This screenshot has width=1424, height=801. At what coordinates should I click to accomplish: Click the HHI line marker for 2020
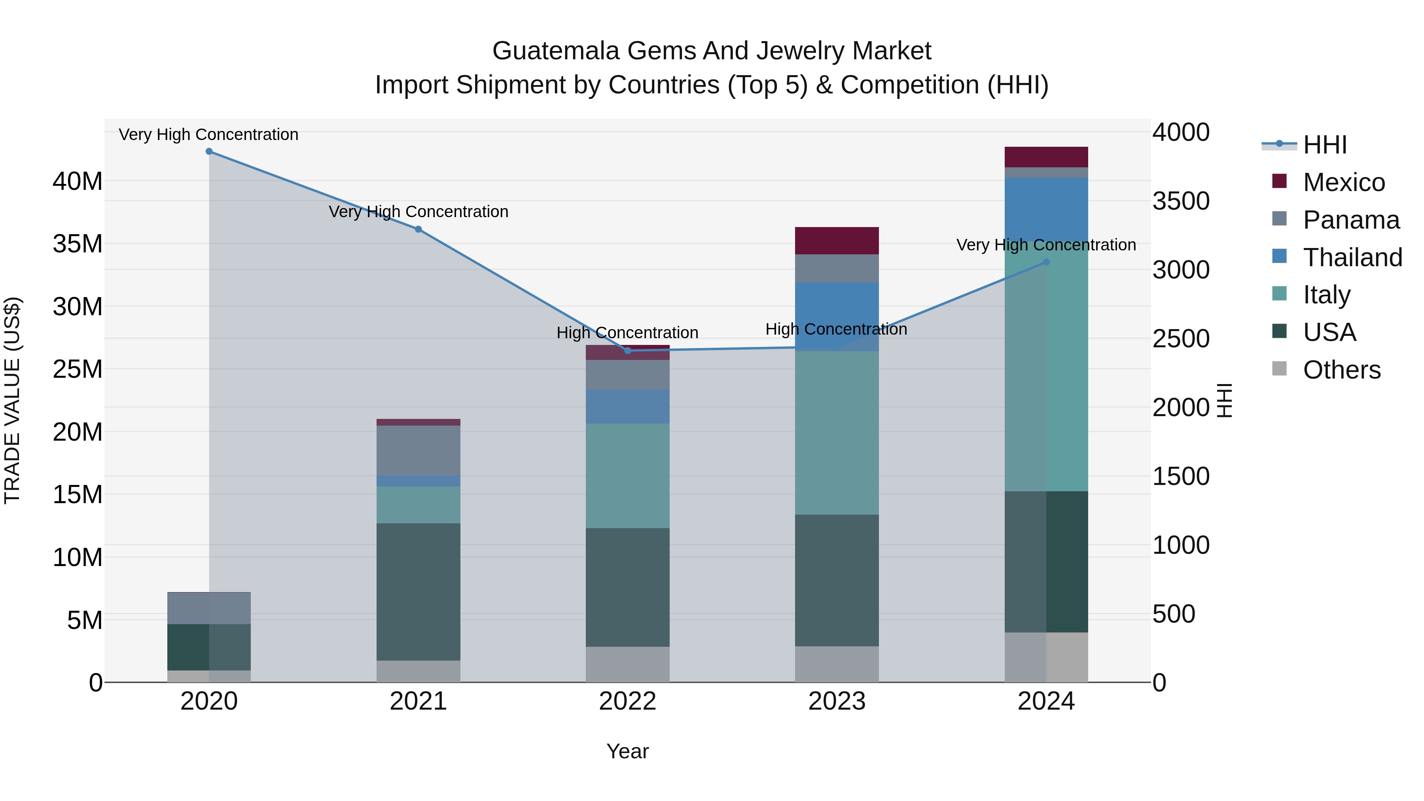209,151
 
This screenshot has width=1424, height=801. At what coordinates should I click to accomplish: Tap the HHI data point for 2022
627,350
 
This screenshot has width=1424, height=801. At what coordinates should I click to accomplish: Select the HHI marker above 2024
1046,262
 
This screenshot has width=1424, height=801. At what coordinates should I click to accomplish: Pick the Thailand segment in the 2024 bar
1046,210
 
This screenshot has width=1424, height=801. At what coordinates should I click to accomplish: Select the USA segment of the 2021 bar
418,591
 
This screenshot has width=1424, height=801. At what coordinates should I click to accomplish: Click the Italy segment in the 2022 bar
627,475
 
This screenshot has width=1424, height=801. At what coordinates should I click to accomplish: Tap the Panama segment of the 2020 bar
209,608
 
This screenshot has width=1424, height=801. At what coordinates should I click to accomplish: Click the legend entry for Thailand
1352,258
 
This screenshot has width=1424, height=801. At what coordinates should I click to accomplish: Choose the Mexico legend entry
1343,182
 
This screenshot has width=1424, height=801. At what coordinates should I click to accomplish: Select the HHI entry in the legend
1324,145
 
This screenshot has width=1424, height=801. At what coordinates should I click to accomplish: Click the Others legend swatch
1279,369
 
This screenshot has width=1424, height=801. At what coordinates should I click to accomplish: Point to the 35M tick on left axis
78,244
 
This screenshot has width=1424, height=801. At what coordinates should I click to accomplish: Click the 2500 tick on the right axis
1181,339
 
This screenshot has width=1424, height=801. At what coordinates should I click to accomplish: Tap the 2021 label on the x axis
418,701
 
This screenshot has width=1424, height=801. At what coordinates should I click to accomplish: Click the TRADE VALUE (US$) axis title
12,400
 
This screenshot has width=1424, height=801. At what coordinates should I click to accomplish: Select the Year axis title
627,751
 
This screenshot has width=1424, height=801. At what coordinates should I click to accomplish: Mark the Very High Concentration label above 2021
418,212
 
